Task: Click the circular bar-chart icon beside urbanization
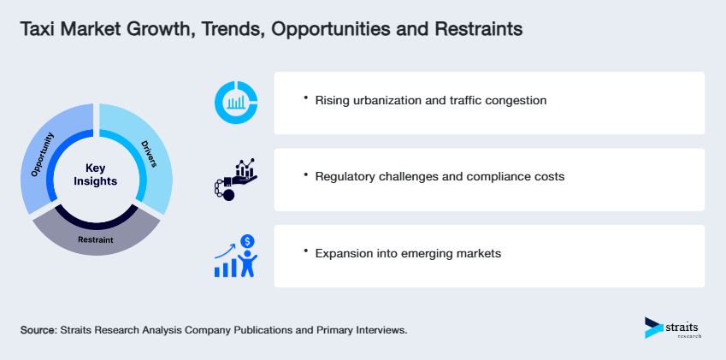[236, 103]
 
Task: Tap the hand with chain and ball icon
[233, 179]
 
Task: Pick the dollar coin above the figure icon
[247, 242]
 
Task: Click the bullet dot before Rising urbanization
[305, 98]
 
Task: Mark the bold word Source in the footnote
[38, 329]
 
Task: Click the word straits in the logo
[683, 324]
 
